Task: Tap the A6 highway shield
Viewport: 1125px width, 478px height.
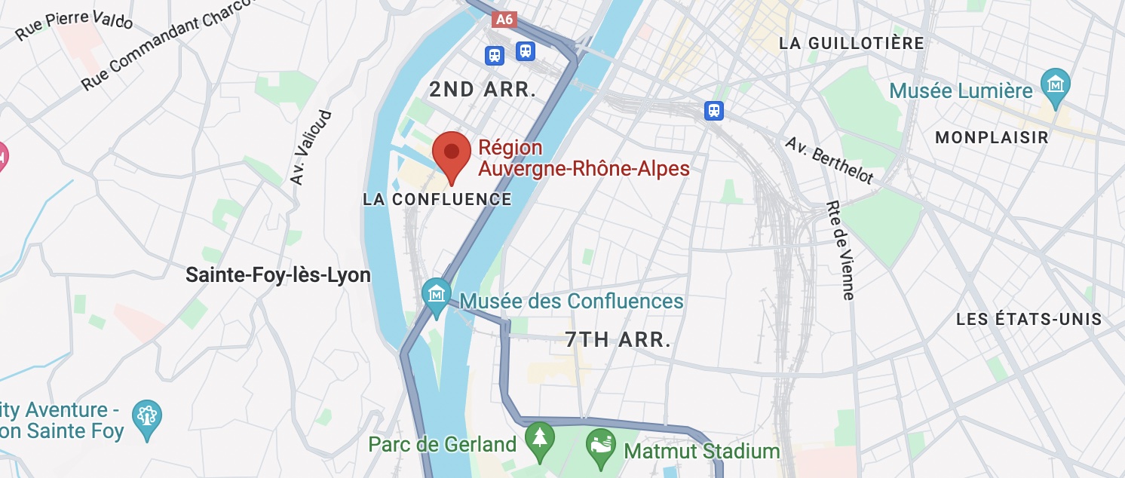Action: [x=504, y=20]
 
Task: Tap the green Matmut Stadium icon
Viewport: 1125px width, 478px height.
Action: [x=601, y=443]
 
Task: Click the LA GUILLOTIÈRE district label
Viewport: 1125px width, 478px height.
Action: [x=851, y=43]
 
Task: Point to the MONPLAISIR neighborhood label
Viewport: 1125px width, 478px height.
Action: [x=992, y=137]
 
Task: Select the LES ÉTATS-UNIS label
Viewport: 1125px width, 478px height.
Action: [x=1028, y=319]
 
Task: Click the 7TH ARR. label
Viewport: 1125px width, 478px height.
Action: [x=618, y=340]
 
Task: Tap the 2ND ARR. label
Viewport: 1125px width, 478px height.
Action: [x=483, y=90]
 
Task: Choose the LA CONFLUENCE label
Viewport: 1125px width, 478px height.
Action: [x=437, y=199]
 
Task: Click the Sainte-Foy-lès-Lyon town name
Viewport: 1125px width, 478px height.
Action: [x=278, y=275]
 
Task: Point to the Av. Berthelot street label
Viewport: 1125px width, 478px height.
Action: [x=829, y=161]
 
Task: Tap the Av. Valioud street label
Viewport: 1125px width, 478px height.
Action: [x=311, y=148]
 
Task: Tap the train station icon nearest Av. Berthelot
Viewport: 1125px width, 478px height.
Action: [x=714, y=111]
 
